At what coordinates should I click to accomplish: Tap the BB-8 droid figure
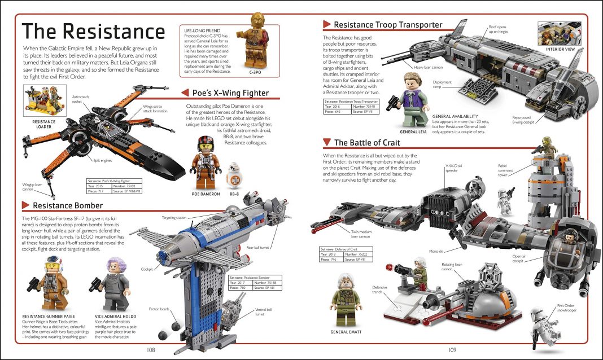point(234,175)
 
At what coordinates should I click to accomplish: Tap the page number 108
point(150,350)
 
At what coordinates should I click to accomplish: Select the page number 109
point(452,350)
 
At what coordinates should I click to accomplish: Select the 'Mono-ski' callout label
point(435,251)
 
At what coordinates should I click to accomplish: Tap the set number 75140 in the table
point(369,106)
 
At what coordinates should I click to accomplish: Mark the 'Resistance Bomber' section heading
point(68,205)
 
